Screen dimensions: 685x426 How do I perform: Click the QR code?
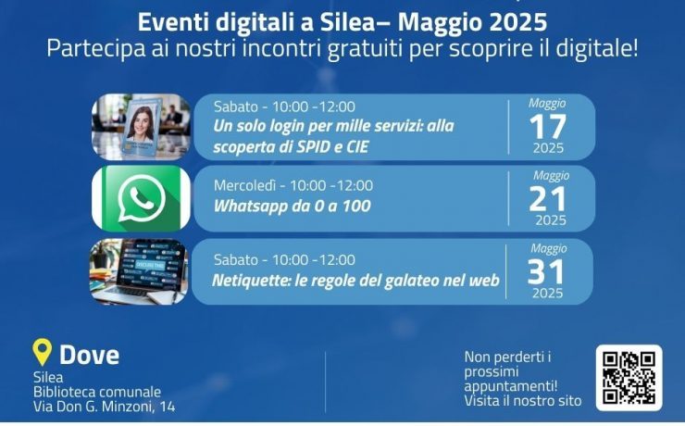pyautogui.click(x=629, y=378)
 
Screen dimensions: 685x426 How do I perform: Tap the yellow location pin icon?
pyautogui.click(x=42, y=352)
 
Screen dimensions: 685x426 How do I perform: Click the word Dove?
pyautogui.click(x=89, y=355)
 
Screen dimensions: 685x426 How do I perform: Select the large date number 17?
pyautogui.click(x=548, y=127)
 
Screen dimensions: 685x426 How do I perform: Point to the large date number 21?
pyautogui.click(x=547, y=199)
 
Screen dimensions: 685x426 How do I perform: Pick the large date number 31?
pyautogui.click(x=545, y=271)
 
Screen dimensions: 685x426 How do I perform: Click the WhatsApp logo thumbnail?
pyautogui.click(x=141, y=198)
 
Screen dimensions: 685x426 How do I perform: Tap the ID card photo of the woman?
pyautogui.click(x=141, y=127)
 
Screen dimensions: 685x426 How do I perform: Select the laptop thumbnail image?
pyautogui.click(x=140, y=271)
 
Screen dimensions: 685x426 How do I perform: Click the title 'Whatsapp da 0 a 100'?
pyautogui.click(x=292, y=206)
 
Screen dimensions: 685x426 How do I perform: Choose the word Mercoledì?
pyautogui.click(x=244, y=186)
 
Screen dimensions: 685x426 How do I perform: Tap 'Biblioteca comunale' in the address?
pyautogui.click(x=97, y=392)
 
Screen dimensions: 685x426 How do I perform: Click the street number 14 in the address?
pyautogui.click(x=168, y=407)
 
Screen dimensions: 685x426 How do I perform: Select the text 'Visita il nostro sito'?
pyautogui.click(x=523, y=401)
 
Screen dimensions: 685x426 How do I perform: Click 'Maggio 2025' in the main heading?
pyautogui.click(x=472, y=22)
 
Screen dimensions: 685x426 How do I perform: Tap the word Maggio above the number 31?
pyautogui.click(x=549, y=248)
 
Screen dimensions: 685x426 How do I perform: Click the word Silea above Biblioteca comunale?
pyautogui.click(x=48, y=377)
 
